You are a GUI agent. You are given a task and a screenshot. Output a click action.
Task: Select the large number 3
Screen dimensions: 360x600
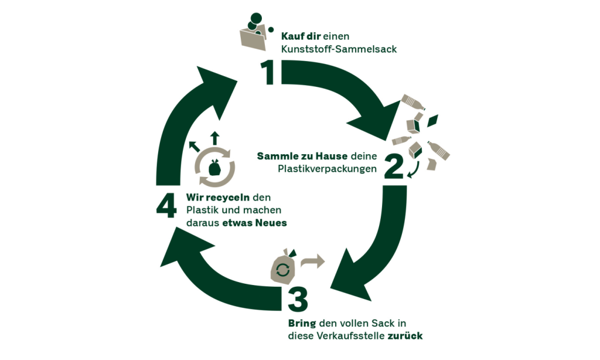297,298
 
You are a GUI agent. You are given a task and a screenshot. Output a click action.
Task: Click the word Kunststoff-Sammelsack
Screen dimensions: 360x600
339,49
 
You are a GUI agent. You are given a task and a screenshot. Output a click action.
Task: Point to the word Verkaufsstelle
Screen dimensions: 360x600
350,336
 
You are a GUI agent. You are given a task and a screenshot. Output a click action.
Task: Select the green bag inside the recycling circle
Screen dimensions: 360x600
214,168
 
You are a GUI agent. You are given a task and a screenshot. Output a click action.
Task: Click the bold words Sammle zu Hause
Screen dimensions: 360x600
302,157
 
